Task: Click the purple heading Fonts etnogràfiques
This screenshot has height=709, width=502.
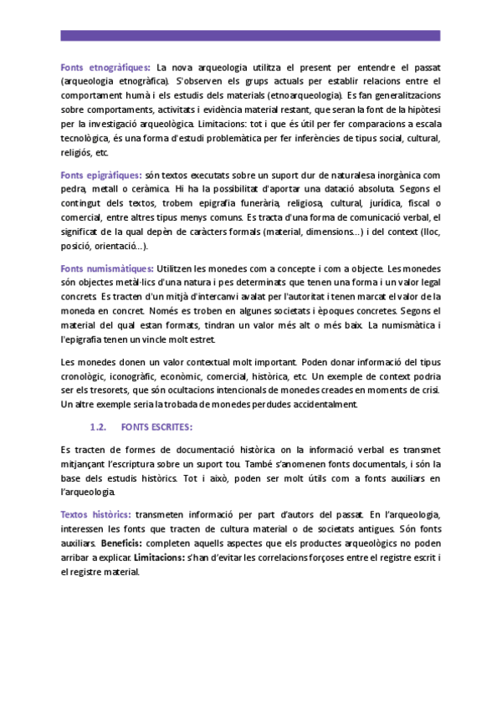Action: pos(105,67)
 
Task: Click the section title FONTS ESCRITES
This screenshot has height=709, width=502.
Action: pos(156,427)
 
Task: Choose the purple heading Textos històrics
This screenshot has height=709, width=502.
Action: pos(95,513)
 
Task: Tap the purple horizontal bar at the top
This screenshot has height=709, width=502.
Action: pos(251,36)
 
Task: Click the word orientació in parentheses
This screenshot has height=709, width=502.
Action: pos(117,247)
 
